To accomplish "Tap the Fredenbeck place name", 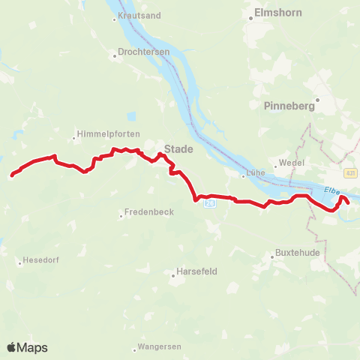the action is (x=151, y=212).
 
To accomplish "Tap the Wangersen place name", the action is (x=161, y=348).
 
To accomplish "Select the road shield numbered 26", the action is (x=211, y=202).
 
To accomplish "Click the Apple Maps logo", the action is (x=27, y=347).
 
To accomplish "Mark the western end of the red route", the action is (x=12, y=176).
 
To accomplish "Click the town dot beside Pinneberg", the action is (x=317, y=98).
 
